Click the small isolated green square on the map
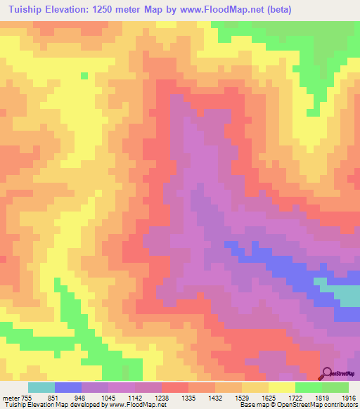[84, 76]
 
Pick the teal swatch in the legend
[41, 387]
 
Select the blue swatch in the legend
[68, 387]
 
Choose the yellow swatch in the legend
[282, 387]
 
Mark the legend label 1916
[349, 397]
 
